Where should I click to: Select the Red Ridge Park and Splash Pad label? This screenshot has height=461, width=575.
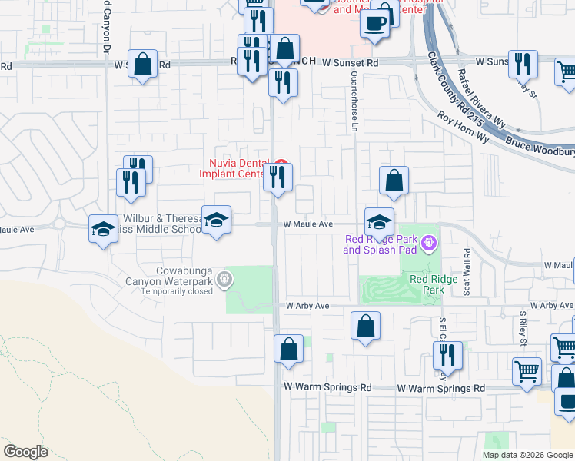[381, 244]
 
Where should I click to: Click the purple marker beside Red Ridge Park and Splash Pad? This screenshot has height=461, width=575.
[429, 245]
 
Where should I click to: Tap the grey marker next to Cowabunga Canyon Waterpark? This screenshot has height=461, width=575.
[224, 278]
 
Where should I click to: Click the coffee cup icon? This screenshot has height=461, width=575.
[375, 22]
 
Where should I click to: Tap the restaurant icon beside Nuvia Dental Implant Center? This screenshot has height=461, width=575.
[278, 177]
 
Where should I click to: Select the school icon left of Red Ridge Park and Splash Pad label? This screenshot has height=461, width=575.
[379, 222]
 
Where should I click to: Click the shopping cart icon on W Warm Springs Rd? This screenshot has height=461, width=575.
[527, 371]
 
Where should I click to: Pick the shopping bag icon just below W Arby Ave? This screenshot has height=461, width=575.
[365, 325]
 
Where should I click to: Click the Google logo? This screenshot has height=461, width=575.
[25, 451]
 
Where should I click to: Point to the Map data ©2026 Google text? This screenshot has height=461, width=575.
[527, 455]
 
